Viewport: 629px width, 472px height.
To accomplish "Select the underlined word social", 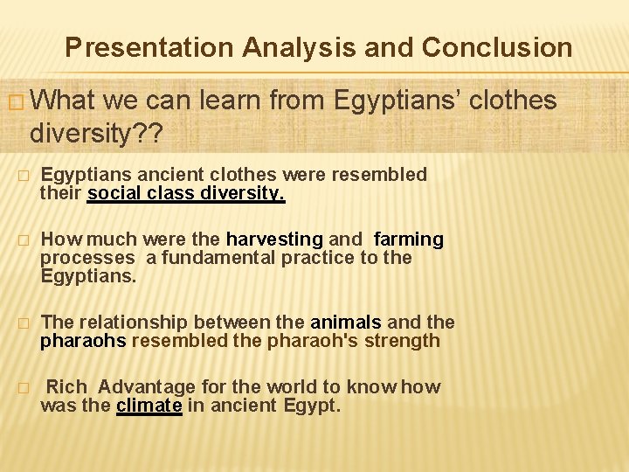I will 114,193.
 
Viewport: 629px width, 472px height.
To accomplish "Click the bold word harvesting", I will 274,239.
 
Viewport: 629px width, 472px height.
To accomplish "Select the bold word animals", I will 346,323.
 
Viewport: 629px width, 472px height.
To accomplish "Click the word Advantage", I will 147,387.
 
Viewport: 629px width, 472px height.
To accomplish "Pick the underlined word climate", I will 149,406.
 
